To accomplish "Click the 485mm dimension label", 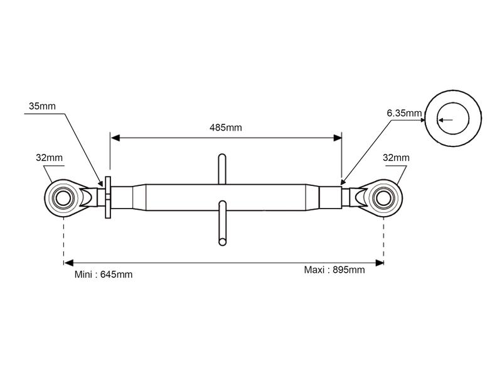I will [225, 128].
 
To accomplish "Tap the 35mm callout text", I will [42, 106].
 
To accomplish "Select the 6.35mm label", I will [404, 113].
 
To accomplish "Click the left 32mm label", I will [49, 158].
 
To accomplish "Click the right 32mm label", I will [395, 158].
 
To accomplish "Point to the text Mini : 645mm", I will [103, 275].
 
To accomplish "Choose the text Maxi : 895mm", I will [334, 270].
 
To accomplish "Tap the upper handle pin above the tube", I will [222, 169].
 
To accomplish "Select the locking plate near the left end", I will [107, 197].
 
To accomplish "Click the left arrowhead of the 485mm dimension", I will [114, 137].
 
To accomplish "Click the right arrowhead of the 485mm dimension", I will [338, 137].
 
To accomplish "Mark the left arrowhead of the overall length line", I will [68, 263].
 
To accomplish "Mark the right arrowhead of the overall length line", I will [380, 263].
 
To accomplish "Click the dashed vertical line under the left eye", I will [64, 239].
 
